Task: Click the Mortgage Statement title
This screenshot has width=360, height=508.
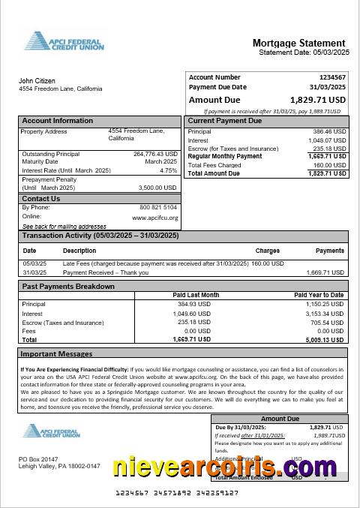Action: pos(298,44)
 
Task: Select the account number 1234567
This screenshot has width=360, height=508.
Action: pos(332,77)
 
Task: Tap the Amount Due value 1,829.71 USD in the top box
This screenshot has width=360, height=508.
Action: pos(318,99)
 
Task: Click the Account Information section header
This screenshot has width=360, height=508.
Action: pos(58,121)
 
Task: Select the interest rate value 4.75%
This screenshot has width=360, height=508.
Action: pos(169,170)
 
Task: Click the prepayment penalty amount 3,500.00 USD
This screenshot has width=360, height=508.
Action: pos(157,188)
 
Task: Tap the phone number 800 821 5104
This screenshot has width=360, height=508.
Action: pos(158,207)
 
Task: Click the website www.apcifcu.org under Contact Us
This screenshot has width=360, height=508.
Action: pos(155,218)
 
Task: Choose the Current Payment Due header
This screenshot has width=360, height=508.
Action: pos(225,121)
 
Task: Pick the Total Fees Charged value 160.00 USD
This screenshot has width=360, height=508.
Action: pos(329,165)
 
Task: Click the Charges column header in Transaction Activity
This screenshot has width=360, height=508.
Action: pos(268,251)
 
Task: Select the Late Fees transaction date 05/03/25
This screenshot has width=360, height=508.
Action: pos(34,263)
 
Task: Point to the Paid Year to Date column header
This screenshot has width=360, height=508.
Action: pos(319,295)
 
